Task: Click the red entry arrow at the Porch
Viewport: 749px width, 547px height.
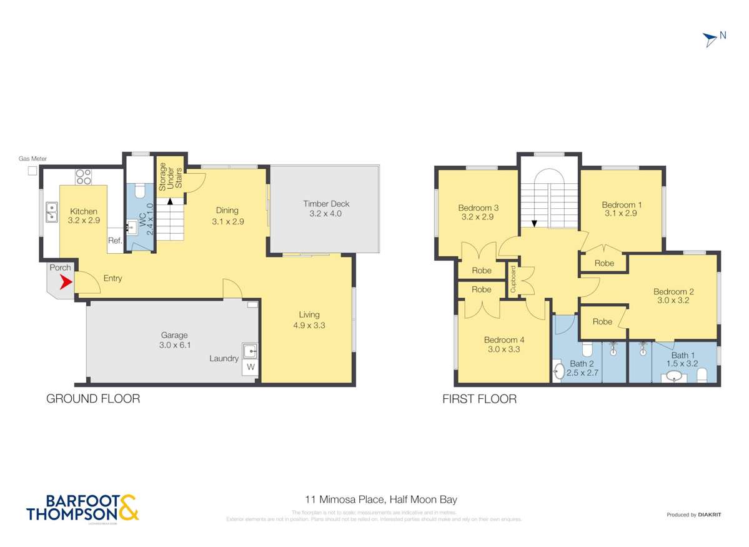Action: coord(64,283)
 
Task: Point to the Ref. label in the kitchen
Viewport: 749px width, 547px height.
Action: coord(114,241)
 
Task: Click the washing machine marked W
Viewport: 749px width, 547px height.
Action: coord(250,367)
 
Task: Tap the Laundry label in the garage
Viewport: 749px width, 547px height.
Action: coord(224,359)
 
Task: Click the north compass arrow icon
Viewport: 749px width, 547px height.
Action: coord(710,39)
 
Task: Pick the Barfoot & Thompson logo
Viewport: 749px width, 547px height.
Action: coord(82,508)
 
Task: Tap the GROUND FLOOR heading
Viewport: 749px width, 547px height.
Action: coord(93,399)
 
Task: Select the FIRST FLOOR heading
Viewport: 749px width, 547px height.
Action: coord(479,399)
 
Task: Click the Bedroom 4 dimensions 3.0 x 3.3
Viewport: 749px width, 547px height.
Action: coord(504,350)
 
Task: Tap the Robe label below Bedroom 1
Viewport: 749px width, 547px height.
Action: coord(604,263)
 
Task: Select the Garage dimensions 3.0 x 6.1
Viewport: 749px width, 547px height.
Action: coord(173,345)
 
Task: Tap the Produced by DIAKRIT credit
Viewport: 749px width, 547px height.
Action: coord(694,514)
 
